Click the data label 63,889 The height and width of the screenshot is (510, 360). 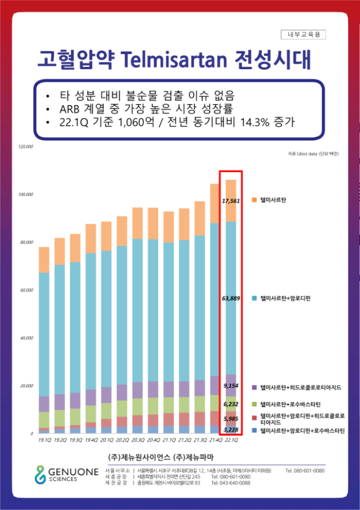(232, 298)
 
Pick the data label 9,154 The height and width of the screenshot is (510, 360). (232, 386)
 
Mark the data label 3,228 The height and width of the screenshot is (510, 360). (232, 430)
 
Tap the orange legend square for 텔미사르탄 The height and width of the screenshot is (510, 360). (254, 200)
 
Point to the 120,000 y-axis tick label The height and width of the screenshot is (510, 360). (26, 147)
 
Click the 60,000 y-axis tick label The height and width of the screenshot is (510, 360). (26, 290)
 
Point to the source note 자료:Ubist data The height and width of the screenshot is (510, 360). (310, 153)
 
